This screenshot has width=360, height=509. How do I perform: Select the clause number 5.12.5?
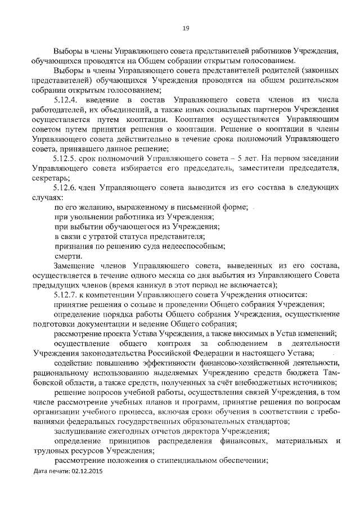[x=68, y=158]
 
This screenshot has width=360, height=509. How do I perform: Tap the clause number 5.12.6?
[x=68, y=187]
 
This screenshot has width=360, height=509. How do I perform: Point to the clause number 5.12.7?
[x=68, y=294]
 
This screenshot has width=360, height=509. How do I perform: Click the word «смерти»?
[x=66, y=255]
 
